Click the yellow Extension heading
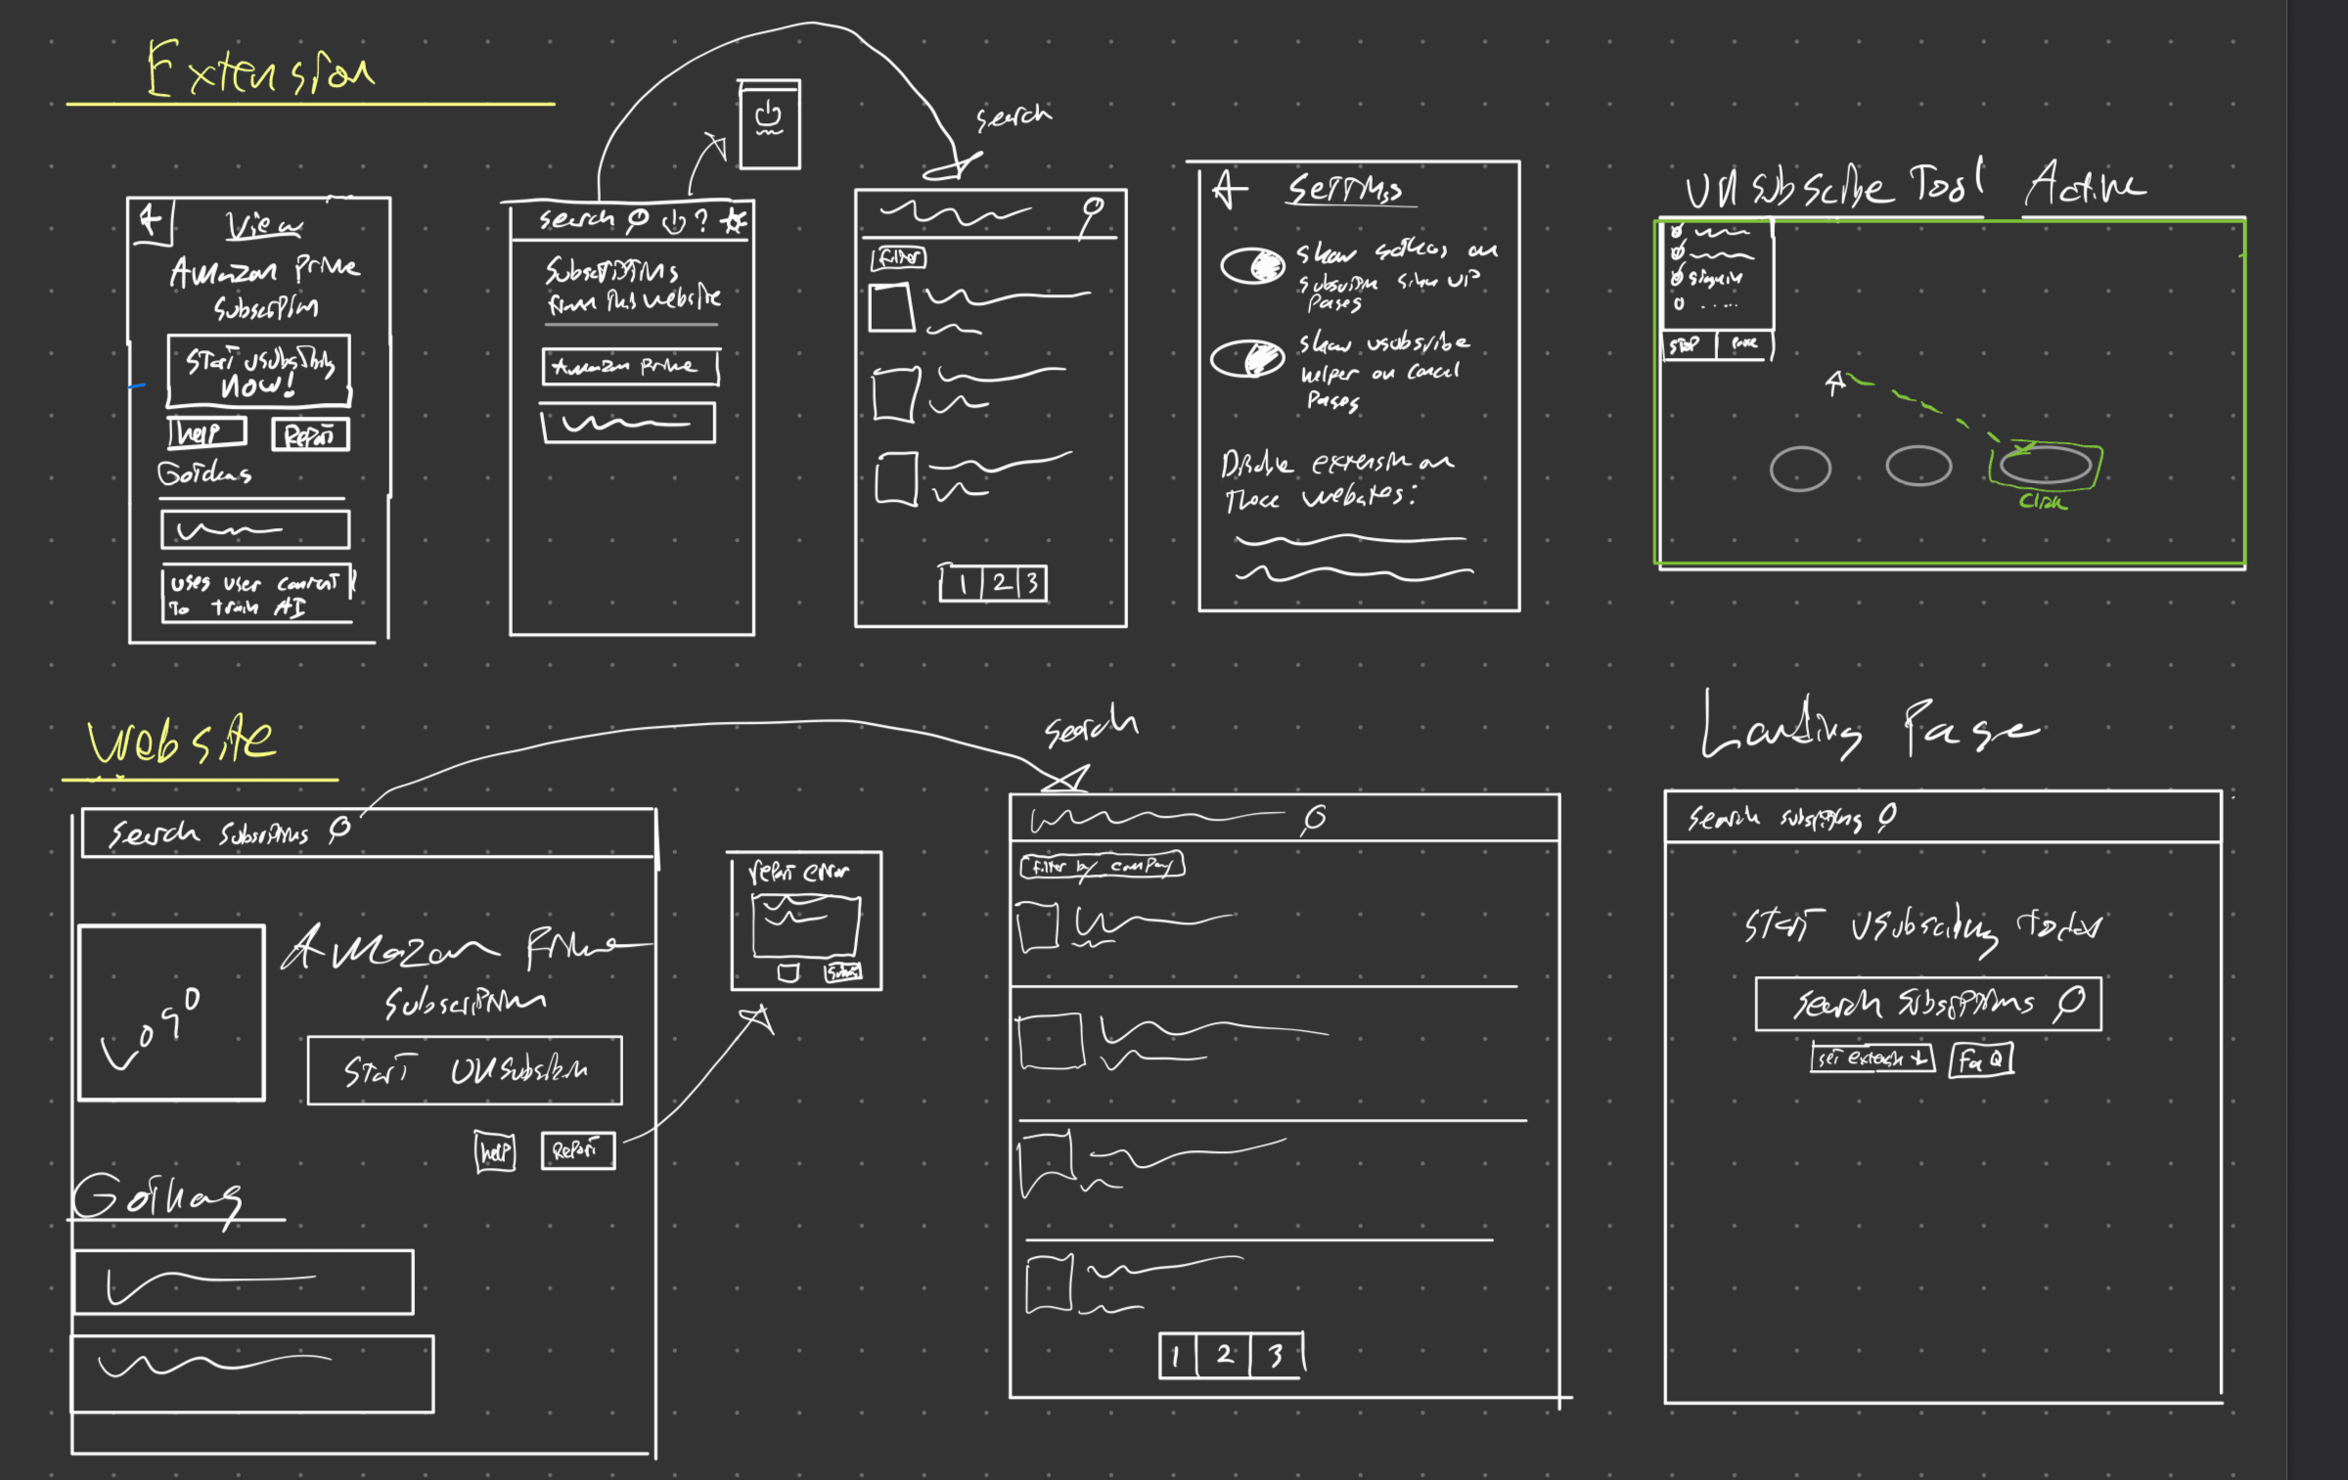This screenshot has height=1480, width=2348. (x=259, y=70)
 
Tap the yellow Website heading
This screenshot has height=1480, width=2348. (x=181, y=740)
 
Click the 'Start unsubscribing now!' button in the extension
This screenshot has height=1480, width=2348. (x=258, y=371)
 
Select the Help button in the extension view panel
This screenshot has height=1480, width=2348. (x=206, y=432)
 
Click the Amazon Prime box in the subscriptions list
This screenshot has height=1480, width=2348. (x=630, y=367)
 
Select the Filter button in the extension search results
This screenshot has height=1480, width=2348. (x=898, y=258)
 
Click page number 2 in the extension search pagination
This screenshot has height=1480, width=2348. (x=1001, y=584)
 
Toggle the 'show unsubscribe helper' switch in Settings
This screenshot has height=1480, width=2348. (x=1247, y=358)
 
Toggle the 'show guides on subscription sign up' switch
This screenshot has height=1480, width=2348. (x=1252, y=266)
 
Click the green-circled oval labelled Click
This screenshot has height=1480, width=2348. (x=2045, y=466)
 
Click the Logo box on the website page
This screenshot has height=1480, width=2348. (x=171, y=1012)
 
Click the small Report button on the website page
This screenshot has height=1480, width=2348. (x=577, y=1150)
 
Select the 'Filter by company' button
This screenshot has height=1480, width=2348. (x=1102, y=866)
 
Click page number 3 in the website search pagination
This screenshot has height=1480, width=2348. (x=1276, y=1356)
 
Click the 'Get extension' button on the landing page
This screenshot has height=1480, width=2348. (x=1872, y=1058)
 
